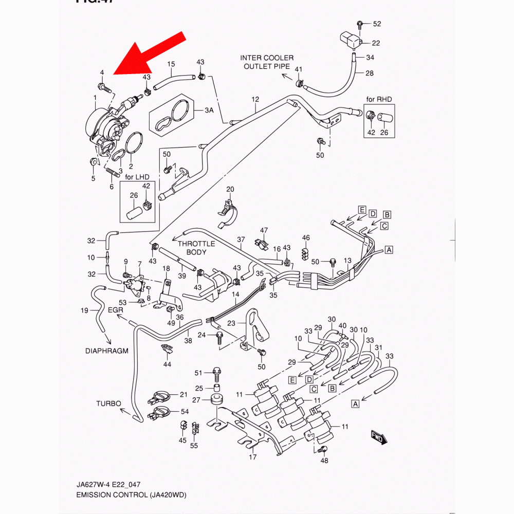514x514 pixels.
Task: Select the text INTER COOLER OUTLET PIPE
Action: pyautogui.click(x=267, y=62)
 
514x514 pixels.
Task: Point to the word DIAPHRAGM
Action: pyautogui.click(x=106, y=352)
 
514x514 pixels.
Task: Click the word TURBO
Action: pyautogui.click(x=108, y=403)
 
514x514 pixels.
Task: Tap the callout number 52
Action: pyautogui.click(x=377, y=24)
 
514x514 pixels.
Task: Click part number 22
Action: pyautogui.click(x=376, y=43)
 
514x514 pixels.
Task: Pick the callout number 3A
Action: pyautogui.click(x=209, y=111)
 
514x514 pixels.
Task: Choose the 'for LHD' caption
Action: pyautogui.click(x=137, y=177)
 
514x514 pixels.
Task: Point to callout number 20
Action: pyautogui.click(x=230, y=189)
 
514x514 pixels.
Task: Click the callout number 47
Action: pyautogui.click(x=264, y=230)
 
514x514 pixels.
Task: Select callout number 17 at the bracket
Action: pyautogui.click(x=252, y=457)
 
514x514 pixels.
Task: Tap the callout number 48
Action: pyautogui.click(x=324, y=461)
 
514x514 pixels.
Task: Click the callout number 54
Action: pyautogui.click(x=185, y=412)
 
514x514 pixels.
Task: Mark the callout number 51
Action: pyautogui.click(x=199, y=372)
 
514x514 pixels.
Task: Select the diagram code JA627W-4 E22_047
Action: pyautogui.click(x=107, y=485)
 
